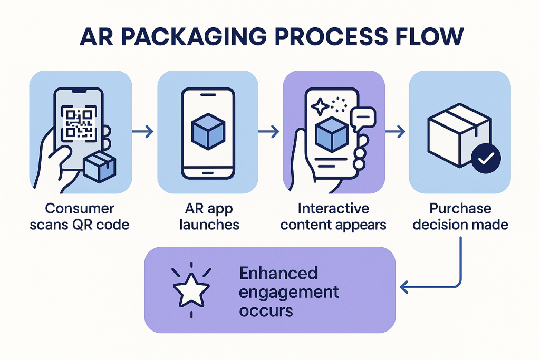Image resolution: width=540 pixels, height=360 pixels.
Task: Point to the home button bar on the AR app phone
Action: [208, 174]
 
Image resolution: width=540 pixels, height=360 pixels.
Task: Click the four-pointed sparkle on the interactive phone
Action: [320, 107]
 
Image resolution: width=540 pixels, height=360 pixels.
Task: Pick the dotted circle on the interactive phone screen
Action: [339, 104]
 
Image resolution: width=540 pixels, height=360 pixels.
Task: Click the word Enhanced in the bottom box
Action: [278, 274]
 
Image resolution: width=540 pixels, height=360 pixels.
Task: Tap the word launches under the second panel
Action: [209, 225]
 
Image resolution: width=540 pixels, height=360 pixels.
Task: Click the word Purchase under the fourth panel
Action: [460, 209]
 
